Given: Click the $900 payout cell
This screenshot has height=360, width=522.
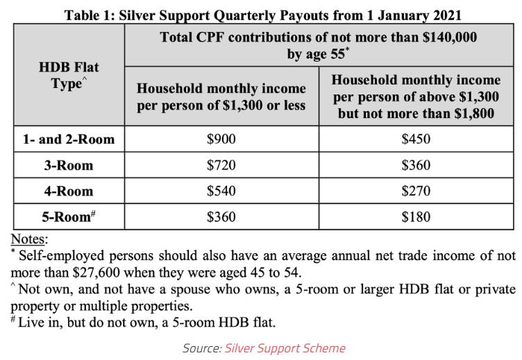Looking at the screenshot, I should (x=221, y=139).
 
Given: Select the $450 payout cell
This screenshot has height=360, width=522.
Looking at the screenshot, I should (x=416, y=139).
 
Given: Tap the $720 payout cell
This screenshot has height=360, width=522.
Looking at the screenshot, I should (x=221, y=165).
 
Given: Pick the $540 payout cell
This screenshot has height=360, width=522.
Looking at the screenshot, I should (x=221, y=191).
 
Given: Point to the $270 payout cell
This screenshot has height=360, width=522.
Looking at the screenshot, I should (x=416, y=191).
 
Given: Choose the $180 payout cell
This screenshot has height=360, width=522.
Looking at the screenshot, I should (x=416, y=217).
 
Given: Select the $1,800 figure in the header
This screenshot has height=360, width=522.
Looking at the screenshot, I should (x=473, y=112).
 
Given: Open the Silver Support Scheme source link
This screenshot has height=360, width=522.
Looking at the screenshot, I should (x=285, y=348).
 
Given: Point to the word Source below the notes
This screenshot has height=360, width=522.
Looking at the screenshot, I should (x=201, y=348).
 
